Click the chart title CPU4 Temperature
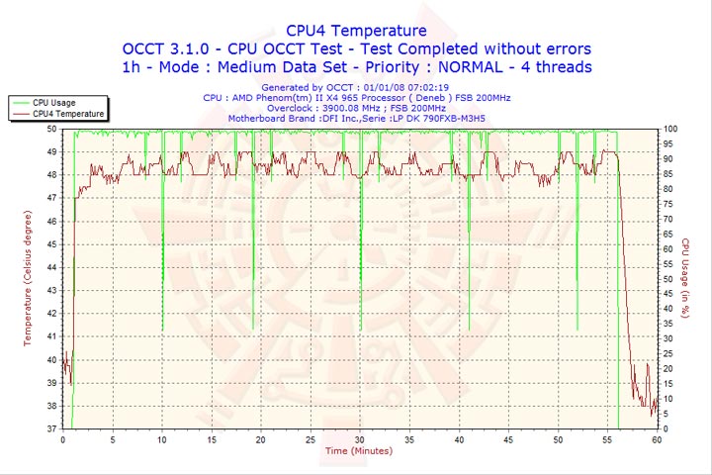pos(356,31)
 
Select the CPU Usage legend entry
pos(53,102)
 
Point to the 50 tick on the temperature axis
pos(51,129)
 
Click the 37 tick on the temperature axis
pos(51,428)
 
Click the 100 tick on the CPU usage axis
pos(669,129)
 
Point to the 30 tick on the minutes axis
pos(360,439)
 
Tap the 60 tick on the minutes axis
pos(657,439)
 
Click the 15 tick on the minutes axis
pos(212,439)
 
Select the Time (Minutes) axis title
pos(358,451)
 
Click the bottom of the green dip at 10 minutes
pos(162,330)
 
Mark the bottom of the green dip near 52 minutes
pos(577,330)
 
